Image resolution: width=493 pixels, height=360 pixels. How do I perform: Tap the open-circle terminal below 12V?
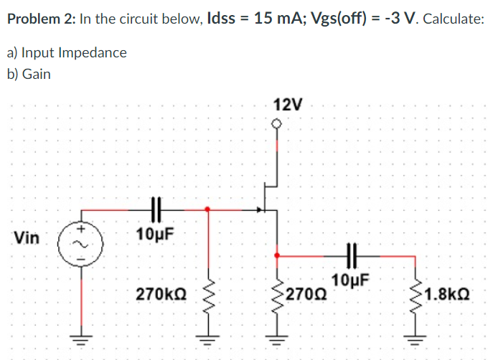pyautogui.click(x=278, y=124)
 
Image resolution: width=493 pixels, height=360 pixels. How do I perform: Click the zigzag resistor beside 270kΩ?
pyautogui.click(x=209, y=293)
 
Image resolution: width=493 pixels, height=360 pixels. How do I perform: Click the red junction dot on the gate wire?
pyautogui.click(x=208, y=209)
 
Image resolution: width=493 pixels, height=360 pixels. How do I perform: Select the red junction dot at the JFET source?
pyautogui.click(x=278, y=255)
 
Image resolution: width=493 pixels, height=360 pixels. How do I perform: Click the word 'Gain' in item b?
pyautogui.click(x=37, y=74)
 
